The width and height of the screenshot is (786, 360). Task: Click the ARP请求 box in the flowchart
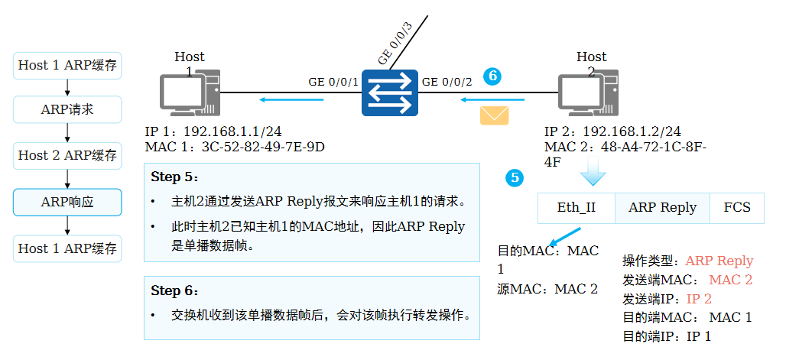click(67, 109)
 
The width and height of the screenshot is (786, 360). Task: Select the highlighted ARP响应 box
click(67, 202)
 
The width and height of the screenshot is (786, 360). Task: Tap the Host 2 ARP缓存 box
click(67, 155)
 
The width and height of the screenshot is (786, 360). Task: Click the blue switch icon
click(390, 92)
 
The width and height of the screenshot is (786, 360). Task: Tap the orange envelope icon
click(494, 115)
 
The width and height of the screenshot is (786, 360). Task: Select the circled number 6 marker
click(492, 75)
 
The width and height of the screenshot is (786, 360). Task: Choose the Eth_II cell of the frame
click(577, 207)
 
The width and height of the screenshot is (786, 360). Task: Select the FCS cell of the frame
click(737, 207)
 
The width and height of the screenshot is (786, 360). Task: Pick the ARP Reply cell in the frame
click(662, 207)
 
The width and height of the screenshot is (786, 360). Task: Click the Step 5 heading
click(174, 177)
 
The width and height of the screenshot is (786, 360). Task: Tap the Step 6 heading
click(174, 290)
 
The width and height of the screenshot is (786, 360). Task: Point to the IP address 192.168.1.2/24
click(631, 131)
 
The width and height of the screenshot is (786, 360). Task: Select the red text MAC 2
click(730, 280)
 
